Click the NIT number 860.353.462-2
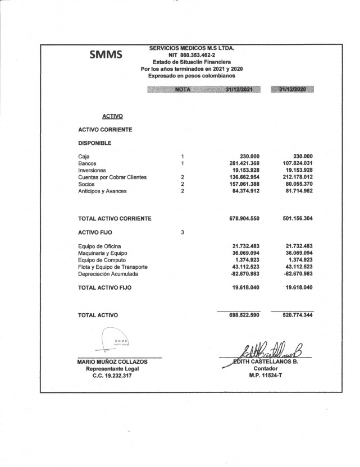coord(191,55)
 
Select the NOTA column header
coord(183,89)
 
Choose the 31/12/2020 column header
coord(292,89)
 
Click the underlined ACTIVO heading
coord(113,116)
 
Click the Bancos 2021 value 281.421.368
coord(240,163)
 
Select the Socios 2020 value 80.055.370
coord(295,184)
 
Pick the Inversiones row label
coord(92,170)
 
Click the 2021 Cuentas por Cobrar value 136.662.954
coord(240,177)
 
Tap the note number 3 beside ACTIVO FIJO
coord(183,231)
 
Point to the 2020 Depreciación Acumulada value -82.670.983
coord(294,274)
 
